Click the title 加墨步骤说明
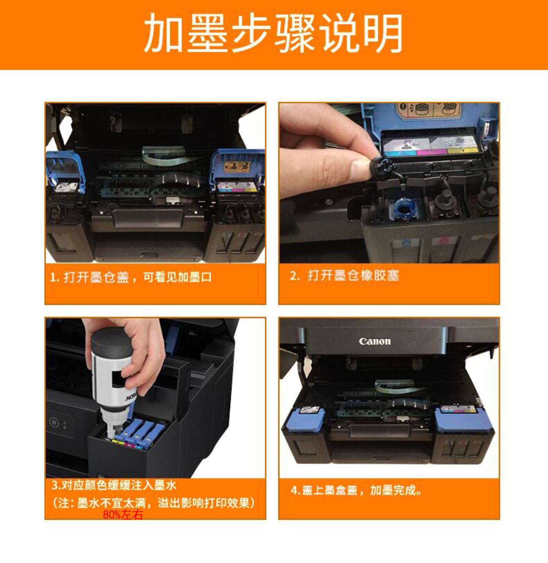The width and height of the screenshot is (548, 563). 273,34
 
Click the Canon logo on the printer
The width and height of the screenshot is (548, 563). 374,341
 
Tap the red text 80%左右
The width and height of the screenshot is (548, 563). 123,515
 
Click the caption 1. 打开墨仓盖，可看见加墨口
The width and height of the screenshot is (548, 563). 130,277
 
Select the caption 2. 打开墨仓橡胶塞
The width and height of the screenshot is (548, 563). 344,275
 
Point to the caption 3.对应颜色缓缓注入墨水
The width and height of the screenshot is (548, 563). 114,485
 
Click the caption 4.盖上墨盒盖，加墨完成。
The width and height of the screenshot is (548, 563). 356,490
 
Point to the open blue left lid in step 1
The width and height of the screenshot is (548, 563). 66,168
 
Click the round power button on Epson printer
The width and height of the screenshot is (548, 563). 54,422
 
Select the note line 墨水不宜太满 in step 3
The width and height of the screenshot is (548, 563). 153,503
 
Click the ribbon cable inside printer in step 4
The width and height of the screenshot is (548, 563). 395,386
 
